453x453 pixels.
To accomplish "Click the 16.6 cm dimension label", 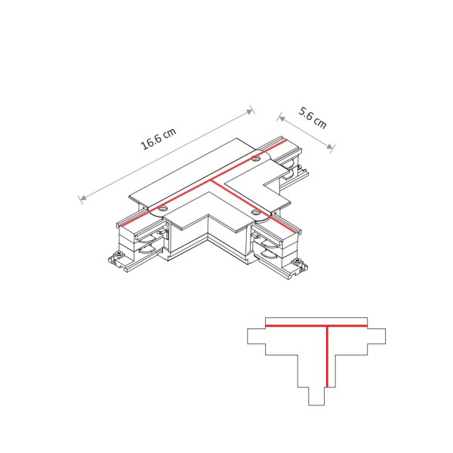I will [159, 140].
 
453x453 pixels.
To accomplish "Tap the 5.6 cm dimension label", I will [313, 119].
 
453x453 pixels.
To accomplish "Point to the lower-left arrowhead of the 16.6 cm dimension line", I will [82, 200].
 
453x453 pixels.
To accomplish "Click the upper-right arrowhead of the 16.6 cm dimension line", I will [251, 111].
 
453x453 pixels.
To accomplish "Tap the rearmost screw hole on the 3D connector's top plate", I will [256, 159].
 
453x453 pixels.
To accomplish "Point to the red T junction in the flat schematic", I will [326, 327].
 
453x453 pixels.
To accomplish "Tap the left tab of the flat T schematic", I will [257, 338].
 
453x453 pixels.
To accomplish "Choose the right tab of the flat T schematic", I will [378, 338].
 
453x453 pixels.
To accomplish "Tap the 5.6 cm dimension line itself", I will [306, 132].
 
